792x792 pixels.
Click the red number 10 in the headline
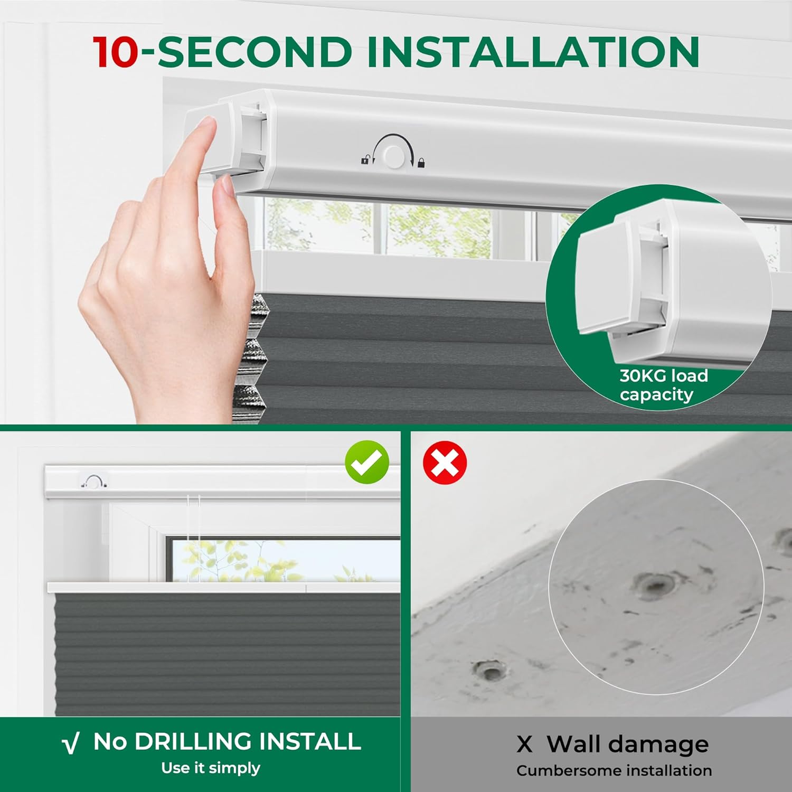click(x=116, y=52)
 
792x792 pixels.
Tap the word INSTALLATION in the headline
click(x=533, y=52)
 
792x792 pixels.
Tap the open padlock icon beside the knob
click(x=365, y=159)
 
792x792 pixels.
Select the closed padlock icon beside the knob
click(x=421, y=162)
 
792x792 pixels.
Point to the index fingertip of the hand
click(x=207, y=126)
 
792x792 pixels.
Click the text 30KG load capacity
click(x=663, y=385)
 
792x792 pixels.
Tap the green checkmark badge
click(x=367, y=462)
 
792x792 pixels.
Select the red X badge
click(x=445, y=463)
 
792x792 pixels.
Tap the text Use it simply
click(x=211, y=768)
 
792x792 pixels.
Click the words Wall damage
click(x=628, y=744)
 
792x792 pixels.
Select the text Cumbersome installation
click(x=614, y=771)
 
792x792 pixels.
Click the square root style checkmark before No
click(x=71, y=743)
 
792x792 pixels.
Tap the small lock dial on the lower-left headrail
click(x=94, y=482)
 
